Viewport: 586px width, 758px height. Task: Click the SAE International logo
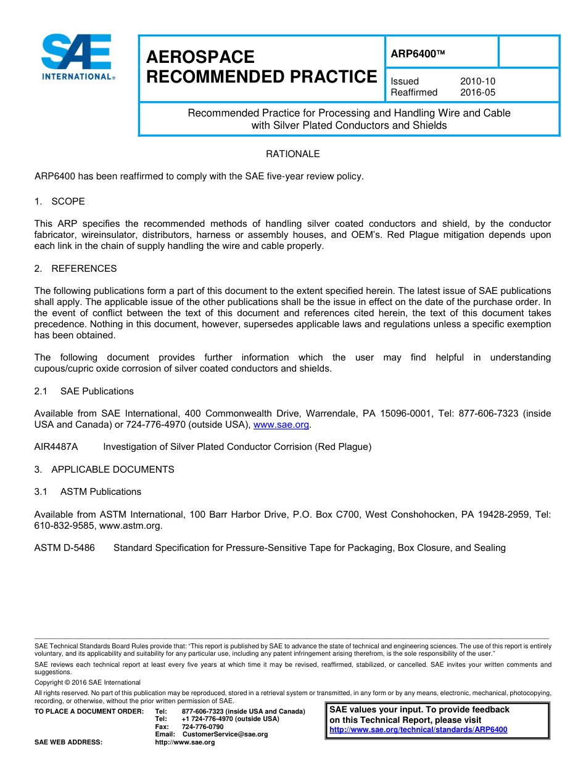click(x=76, y=57)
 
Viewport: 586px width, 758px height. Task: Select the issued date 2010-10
click(x=477, y=81)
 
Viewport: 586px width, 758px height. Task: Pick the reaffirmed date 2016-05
click(x=477, y=92)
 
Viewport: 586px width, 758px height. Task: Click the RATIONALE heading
click(x=292, y=154)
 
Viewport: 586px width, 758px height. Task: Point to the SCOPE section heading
click(x=68, y=202)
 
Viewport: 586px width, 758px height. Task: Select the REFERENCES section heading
click(x=84, y=269)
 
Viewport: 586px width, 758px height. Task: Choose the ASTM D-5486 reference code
click(x=65, y=548)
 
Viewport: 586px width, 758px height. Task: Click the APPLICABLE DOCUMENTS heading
click(x=112, y=470)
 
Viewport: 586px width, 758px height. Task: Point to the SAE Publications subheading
click(x=97, y=391)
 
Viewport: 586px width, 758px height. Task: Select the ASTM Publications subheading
click(x=101, y=492)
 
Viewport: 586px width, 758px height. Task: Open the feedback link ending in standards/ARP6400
click(x=418, y=730)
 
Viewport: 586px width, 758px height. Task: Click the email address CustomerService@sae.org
click(x=225, y=735)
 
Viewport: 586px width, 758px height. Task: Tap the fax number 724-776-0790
click(x=203, y=727)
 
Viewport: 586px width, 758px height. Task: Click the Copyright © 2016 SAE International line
click(x=88, y=683)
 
